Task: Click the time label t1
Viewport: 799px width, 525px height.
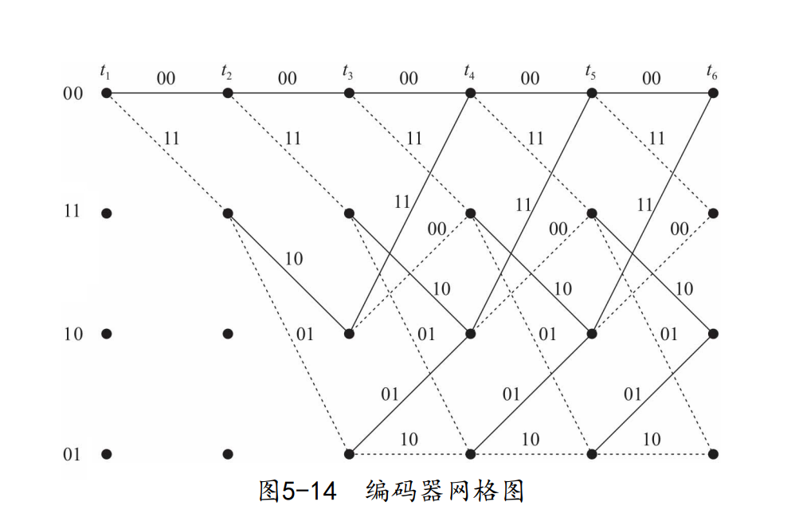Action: pos(105,72)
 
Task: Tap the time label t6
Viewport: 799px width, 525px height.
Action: pos(711,72)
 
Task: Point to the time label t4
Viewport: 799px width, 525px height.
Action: pos(469,72)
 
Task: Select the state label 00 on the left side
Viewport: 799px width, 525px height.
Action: pos(73,94)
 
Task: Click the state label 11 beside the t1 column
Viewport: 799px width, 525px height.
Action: pos(73,213)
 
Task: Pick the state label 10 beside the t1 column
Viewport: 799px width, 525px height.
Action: pos(73,334)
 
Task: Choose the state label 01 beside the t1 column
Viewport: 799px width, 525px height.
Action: pos(73,455)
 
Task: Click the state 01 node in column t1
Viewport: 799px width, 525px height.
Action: pos(107,454)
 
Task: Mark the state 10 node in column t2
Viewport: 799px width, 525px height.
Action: pos(228,334)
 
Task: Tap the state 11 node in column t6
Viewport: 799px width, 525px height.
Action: pos(713,214)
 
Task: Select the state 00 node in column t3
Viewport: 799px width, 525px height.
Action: pos(349,93)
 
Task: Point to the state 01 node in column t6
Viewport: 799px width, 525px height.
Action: pos(713,454)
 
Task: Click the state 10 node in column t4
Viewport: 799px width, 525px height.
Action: pos(470,334)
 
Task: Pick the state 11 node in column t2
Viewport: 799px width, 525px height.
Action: pos(228,214)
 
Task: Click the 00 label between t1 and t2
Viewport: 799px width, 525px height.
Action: pos(166,78)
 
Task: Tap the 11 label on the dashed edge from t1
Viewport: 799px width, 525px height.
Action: pos(170,139)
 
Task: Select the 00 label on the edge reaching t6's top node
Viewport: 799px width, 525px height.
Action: pos(652,78)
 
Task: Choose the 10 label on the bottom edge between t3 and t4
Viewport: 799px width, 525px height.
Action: pos(409,439)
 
